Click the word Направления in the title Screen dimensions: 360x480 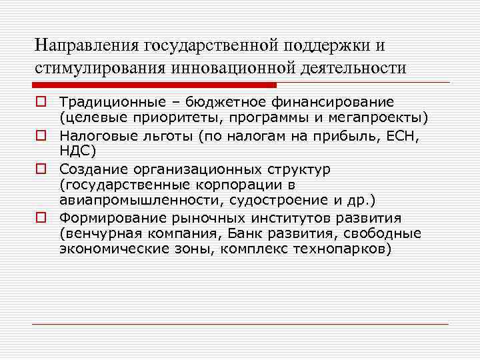pyautogui.click(x=79, y=45)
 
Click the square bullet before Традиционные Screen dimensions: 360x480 pyautogui.click(x=41, y=102)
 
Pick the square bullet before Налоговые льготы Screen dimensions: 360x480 pyautogui.click(x=41, y=134)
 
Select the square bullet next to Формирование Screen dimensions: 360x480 pyautogui.click(x=41, y=218)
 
